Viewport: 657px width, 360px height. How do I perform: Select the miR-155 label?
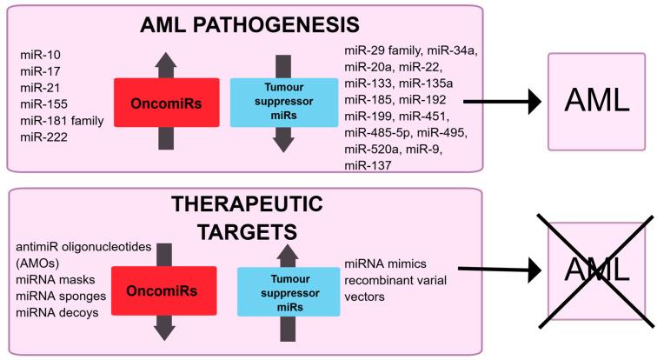coord(42,105)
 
